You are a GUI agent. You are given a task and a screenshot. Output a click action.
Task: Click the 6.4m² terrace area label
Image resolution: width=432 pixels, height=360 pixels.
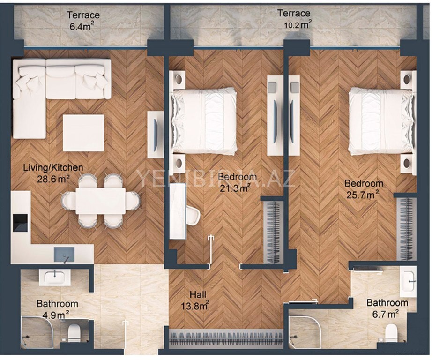click(82, 27)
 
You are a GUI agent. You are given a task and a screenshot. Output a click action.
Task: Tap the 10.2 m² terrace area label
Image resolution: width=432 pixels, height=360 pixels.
click(298, 24)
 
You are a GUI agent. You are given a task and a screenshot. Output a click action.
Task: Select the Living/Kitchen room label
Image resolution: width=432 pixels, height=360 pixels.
click(53, 167)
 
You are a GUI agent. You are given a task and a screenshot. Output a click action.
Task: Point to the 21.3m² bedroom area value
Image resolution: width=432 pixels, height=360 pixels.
click(235, 188)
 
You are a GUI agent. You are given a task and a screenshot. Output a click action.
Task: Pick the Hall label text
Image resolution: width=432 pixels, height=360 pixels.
click(198, 294)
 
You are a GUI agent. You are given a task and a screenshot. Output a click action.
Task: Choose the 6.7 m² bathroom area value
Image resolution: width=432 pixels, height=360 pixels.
click(386, 314)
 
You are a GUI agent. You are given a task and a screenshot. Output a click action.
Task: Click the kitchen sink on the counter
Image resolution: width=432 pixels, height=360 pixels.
click(64, 255)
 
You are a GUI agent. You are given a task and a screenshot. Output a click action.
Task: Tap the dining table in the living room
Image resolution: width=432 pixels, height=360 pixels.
click(101, 201)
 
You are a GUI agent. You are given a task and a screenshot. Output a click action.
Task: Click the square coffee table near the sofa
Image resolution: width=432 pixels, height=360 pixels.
click(83, 133)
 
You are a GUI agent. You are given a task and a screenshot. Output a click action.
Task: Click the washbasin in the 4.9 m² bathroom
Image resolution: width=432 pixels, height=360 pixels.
click(55, 277)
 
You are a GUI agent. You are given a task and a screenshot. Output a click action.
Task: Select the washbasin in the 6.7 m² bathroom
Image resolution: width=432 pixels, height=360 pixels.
click(408, 282)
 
